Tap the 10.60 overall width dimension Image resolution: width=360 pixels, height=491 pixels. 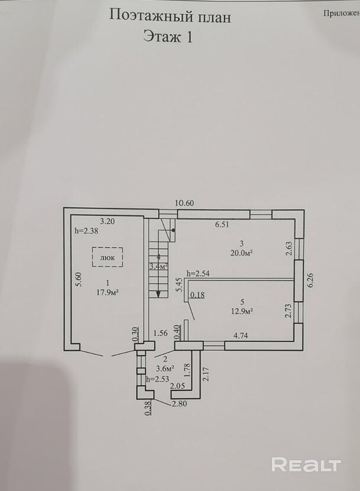point(184,203)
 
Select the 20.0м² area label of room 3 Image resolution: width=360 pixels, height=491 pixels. point(242,253)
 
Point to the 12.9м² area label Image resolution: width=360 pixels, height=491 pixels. point(242,312)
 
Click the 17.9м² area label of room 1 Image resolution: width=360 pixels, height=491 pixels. point(108,292)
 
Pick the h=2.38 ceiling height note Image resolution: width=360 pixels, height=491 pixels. point(86,231)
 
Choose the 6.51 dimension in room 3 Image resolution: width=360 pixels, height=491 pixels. point(222,225)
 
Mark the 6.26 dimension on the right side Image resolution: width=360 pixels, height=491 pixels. point(310,280)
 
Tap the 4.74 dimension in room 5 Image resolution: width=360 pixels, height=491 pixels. point(240,335)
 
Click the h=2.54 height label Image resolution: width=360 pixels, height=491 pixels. point(198,273)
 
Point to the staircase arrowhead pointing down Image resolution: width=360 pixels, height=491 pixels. point(159,295)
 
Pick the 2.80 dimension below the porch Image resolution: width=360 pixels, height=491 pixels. point(179,403)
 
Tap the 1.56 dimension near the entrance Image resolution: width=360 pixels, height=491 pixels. point(160,334)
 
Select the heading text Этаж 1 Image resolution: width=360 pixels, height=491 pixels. point(168,36)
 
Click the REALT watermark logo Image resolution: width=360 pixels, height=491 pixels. point(306,464)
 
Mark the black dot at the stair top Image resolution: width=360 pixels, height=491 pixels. point(173,230)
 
